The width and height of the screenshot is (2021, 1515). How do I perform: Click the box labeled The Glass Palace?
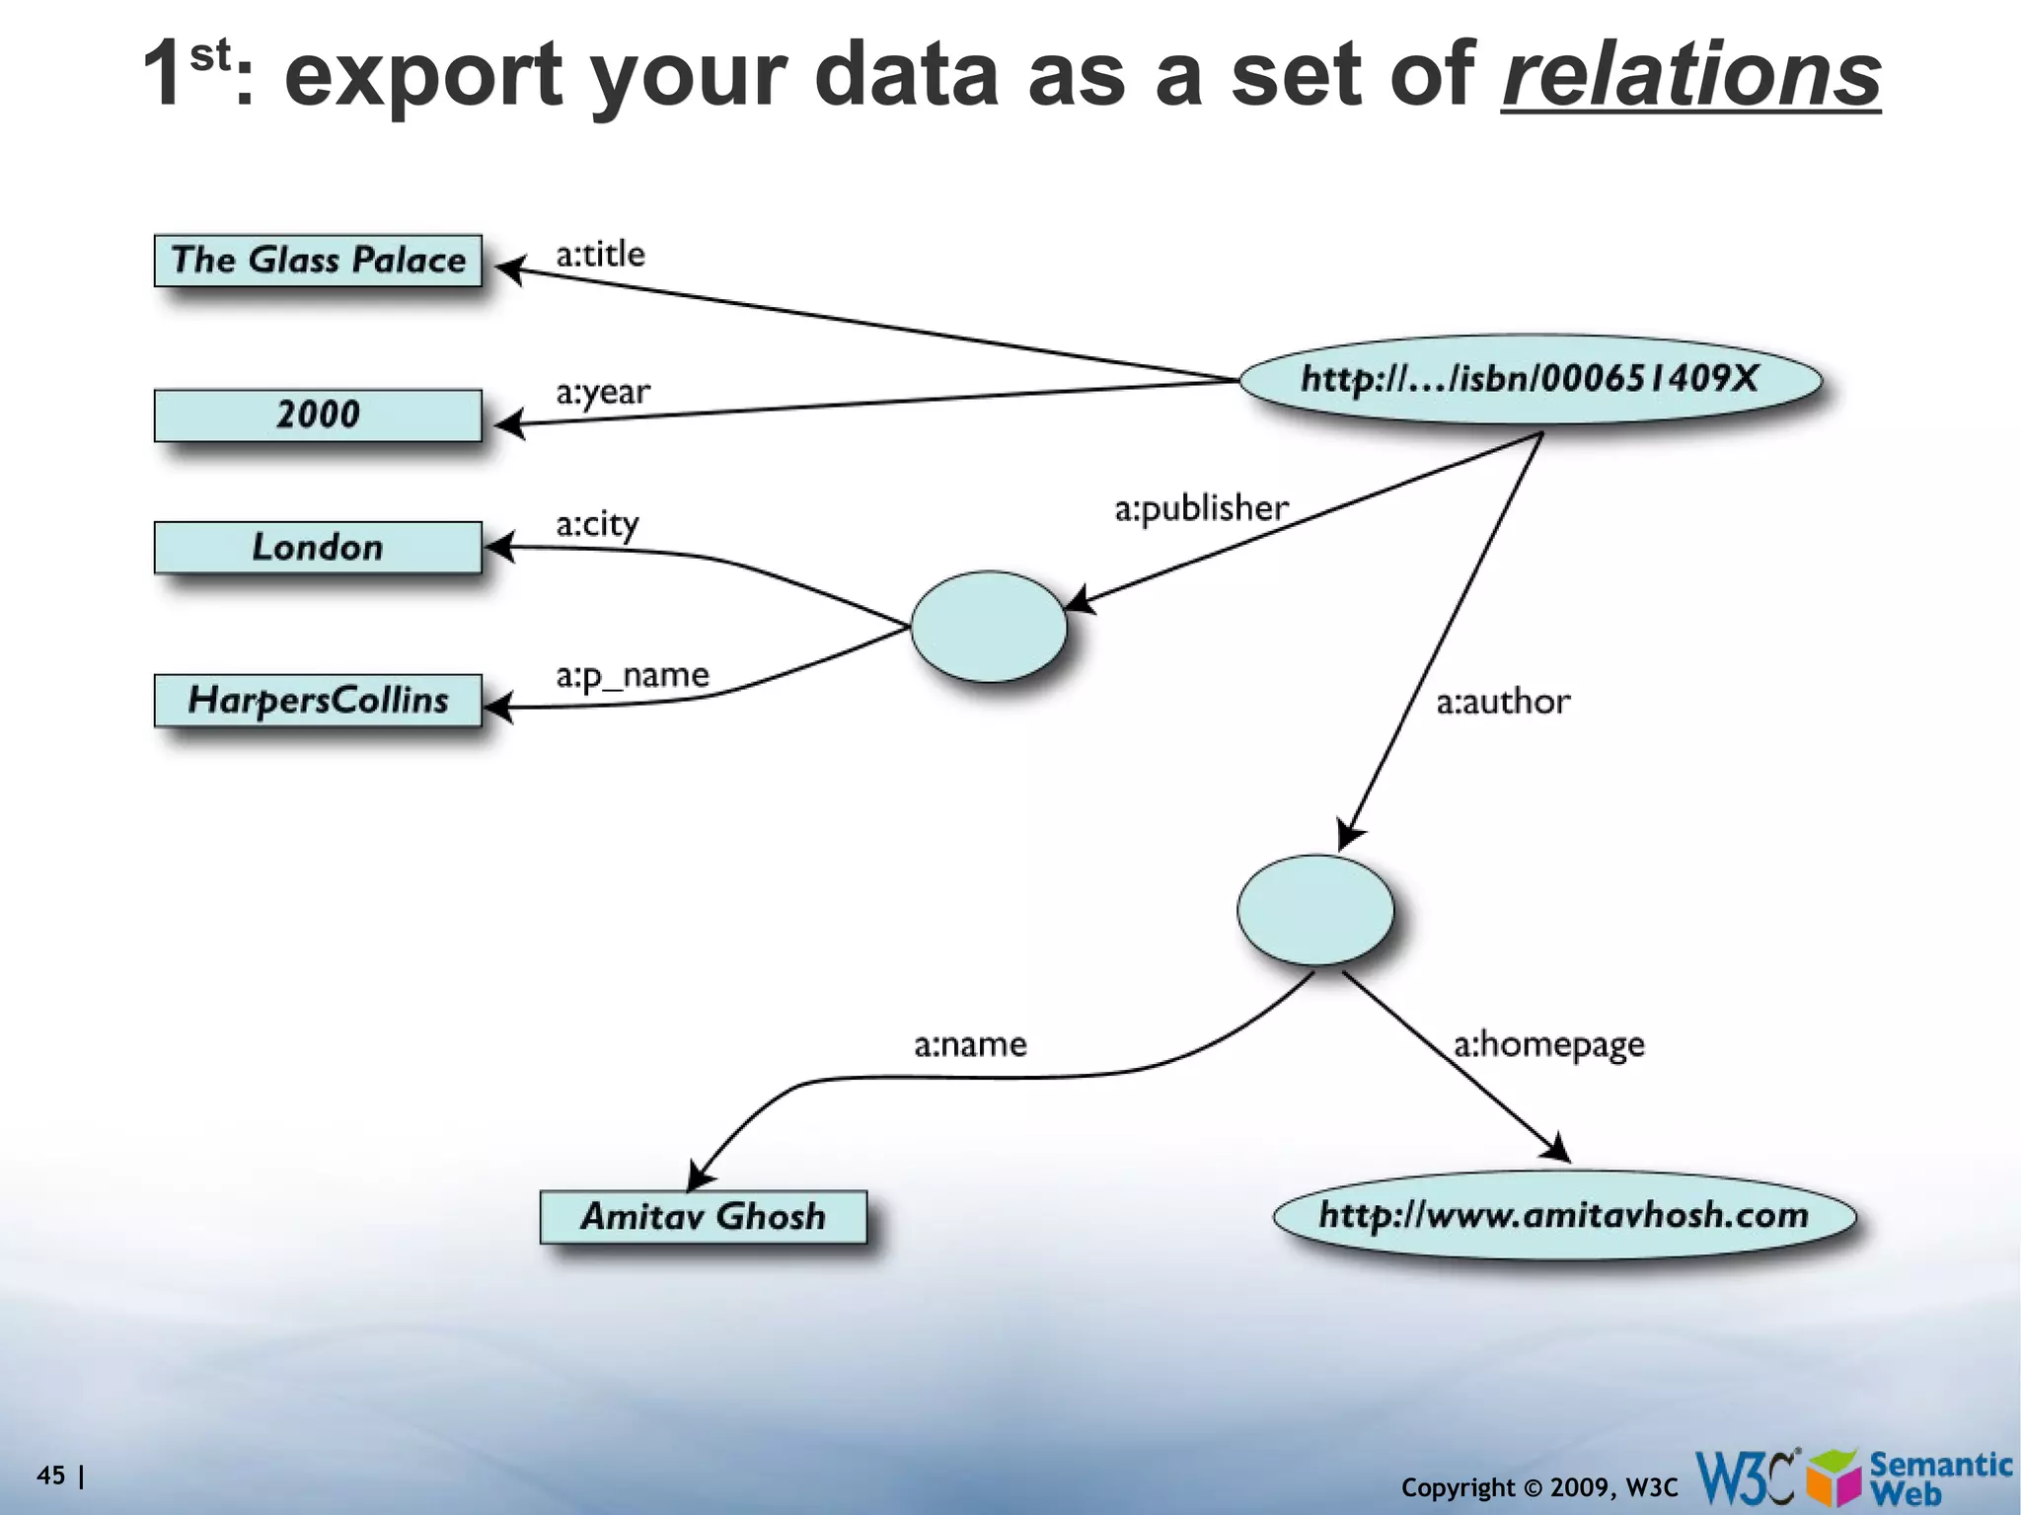318,261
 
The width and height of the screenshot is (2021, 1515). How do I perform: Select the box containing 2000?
318,415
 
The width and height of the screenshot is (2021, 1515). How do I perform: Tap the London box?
318,548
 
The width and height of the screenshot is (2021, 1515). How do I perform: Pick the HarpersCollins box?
318,701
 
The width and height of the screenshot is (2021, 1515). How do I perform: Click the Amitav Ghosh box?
703,1217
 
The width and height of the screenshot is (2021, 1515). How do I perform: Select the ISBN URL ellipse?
1530,379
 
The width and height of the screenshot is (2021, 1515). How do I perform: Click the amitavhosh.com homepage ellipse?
1564,1215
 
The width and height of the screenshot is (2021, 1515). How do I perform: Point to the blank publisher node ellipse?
988,627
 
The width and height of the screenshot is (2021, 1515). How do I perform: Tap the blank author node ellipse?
1314,910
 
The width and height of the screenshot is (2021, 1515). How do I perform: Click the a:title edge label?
600,255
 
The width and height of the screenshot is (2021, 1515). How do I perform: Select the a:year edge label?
602,393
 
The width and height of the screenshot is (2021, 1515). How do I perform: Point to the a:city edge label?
597,525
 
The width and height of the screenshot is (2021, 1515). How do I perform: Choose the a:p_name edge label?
632,677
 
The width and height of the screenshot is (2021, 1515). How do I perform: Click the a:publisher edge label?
1201,508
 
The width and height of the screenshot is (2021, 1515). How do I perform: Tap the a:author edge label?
1502,702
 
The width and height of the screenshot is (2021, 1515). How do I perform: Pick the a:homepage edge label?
1548,1045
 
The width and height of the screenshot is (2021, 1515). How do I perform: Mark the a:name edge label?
970,1044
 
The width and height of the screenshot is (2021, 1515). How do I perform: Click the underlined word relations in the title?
1690,75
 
